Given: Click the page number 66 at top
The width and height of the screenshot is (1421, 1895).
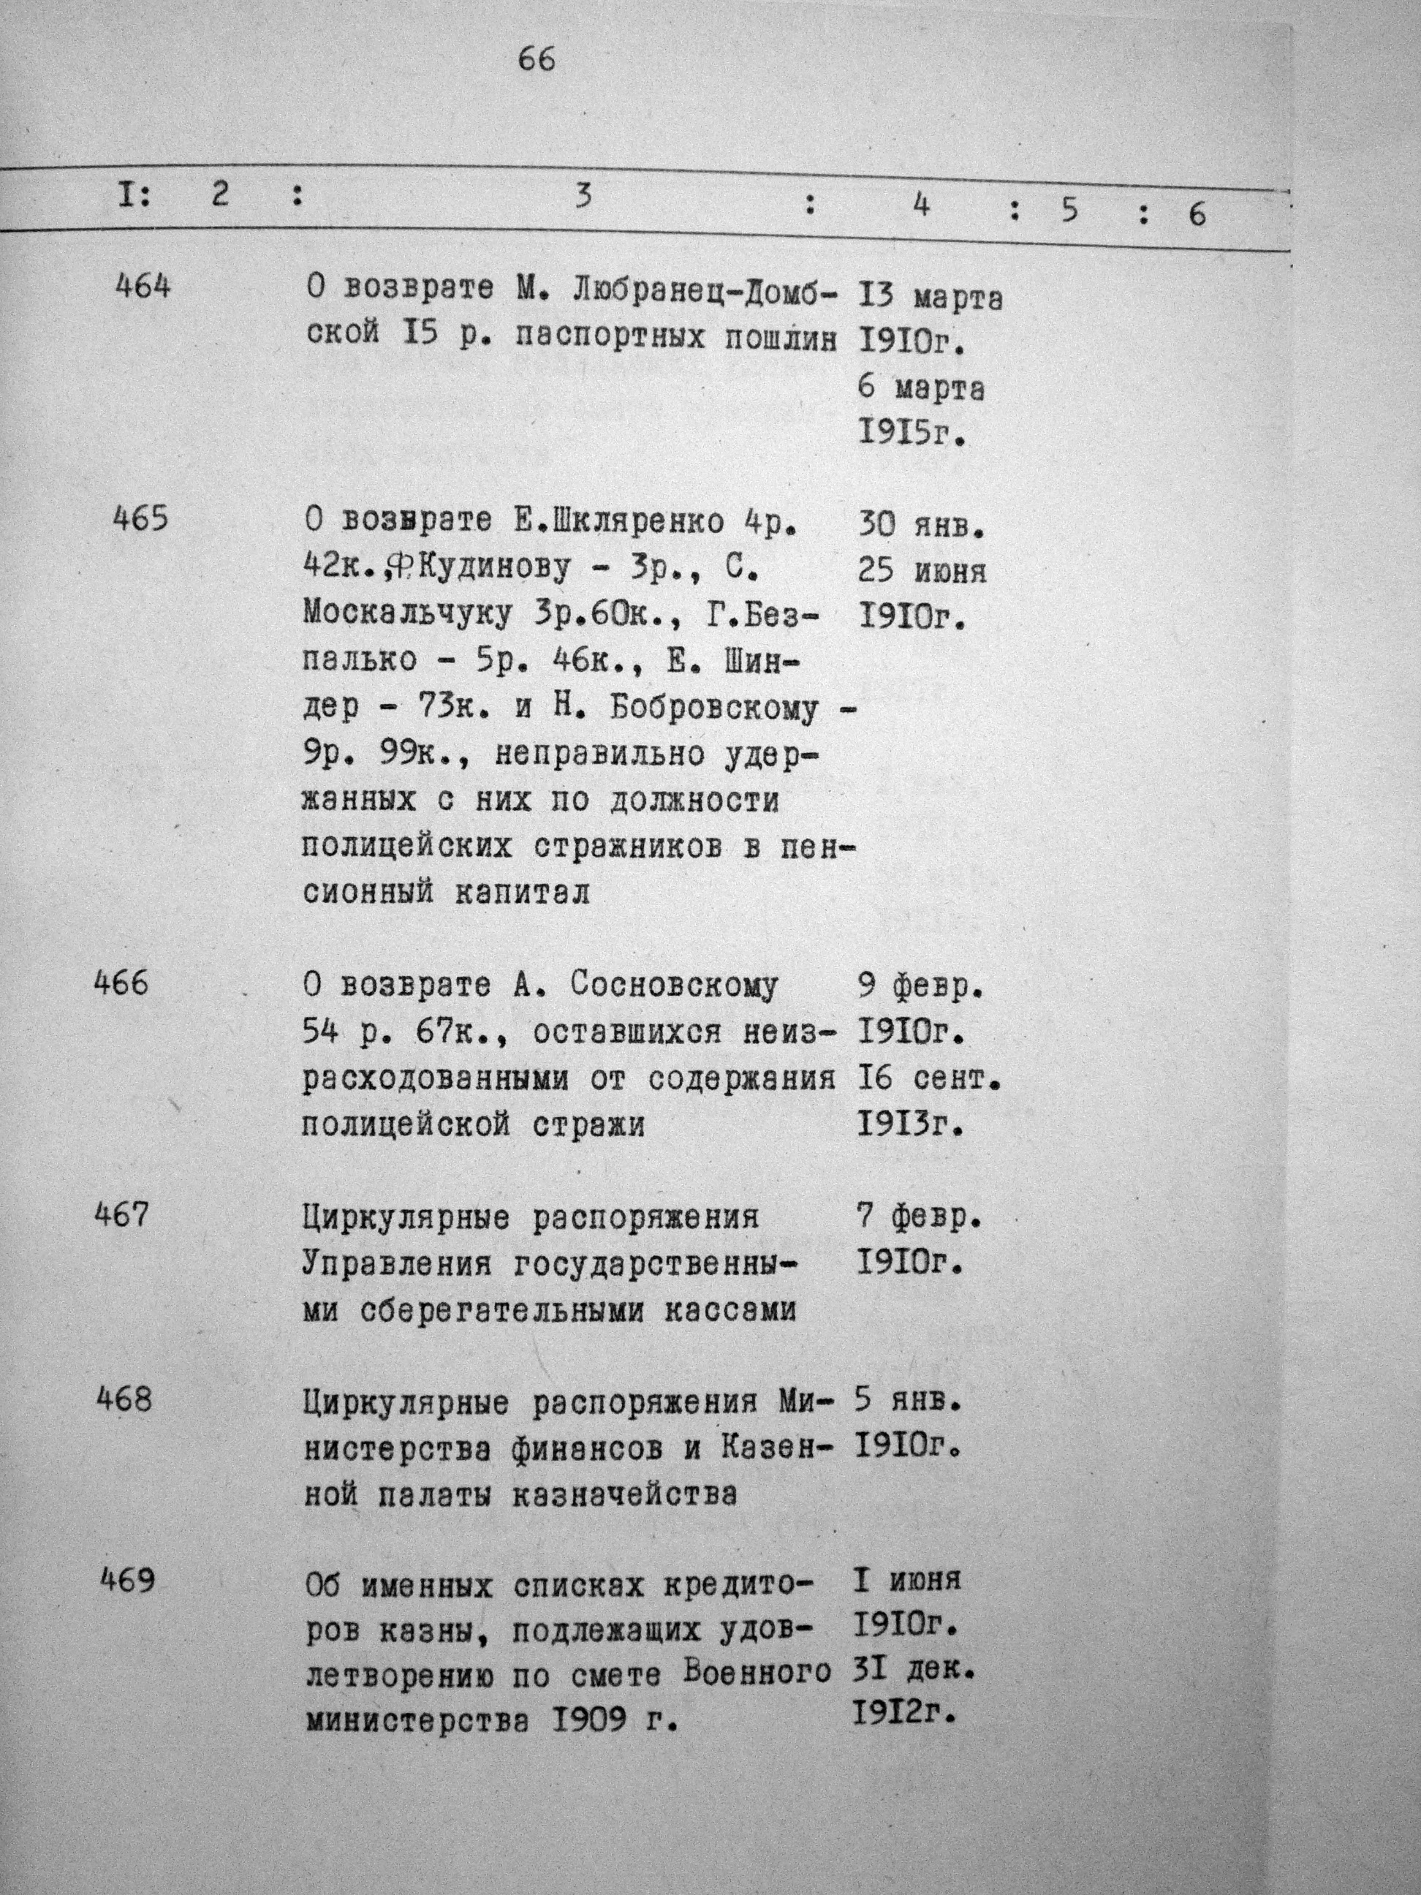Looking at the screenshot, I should (x=537, y=60).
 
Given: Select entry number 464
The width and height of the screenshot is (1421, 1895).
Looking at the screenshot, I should (x=143, y=286).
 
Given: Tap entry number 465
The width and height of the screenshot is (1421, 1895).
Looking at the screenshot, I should (x=141, y=519).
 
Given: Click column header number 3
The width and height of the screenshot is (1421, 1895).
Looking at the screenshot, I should (x=583, y=197).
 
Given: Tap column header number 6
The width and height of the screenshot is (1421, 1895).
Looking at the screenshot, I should (x=1197, y=214).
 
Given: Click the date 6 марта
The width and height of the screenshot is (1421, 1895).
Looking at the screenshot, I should (x=921, y=390).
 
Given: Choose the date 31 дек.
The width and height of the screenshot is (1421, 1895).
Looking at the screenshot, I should (x=914, y=1671).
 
